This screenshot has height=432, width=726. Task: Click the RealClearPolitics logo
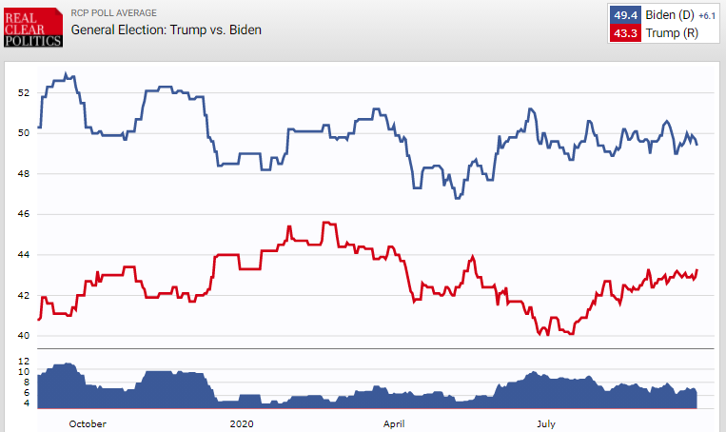pyautogui.click(x=31, y=26)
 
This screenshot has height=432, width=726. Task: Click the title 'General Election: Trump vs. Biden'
pyautogui.click(x=167, y=29)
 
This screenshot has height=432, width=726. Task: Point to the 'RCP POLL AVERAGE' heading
pyautogui.click(x=117, y=13)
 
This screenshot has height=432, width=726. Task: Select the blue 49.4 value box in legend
pyautogui.click(x=627, y=16)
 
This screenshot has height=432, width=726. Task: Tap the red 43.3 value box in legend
pyautogui.click(x=627, y=33)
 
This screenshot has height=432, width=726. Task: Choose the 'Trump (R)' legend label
pyautogui.click(x=670, y=33)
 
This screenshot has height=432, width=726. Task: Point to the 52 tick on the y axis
pyautogui.click(x=24, y=93)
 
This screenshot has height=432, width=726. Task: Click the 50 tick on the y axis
pyautogui.click(x=24, y=133)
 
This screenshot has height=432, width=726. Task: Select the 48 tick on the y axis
pyautogui.click(x=24, y=174)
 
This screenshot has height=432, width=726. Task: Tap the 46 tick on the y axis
pyautogui.click(x=24, y=215)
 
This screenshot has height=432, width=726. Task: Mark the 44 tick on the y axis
pyautogui.click(x=24, y=255)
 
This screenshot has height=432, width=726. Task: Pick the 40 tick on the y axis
pyautogui.click(x=24, y=336)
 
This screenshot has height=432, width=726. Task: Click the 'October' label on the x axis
pyautogui.click(x=88, y=422)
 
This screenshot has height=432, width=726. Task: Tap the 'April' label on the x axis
pyautogui.click(x=394, y=422)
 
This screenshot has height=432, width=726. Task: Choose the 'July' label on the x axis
pyautogui.click(x=545, y=422)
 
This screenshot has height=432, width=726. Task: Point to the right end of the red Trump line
pyautogui.click(x=697, y=270)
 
